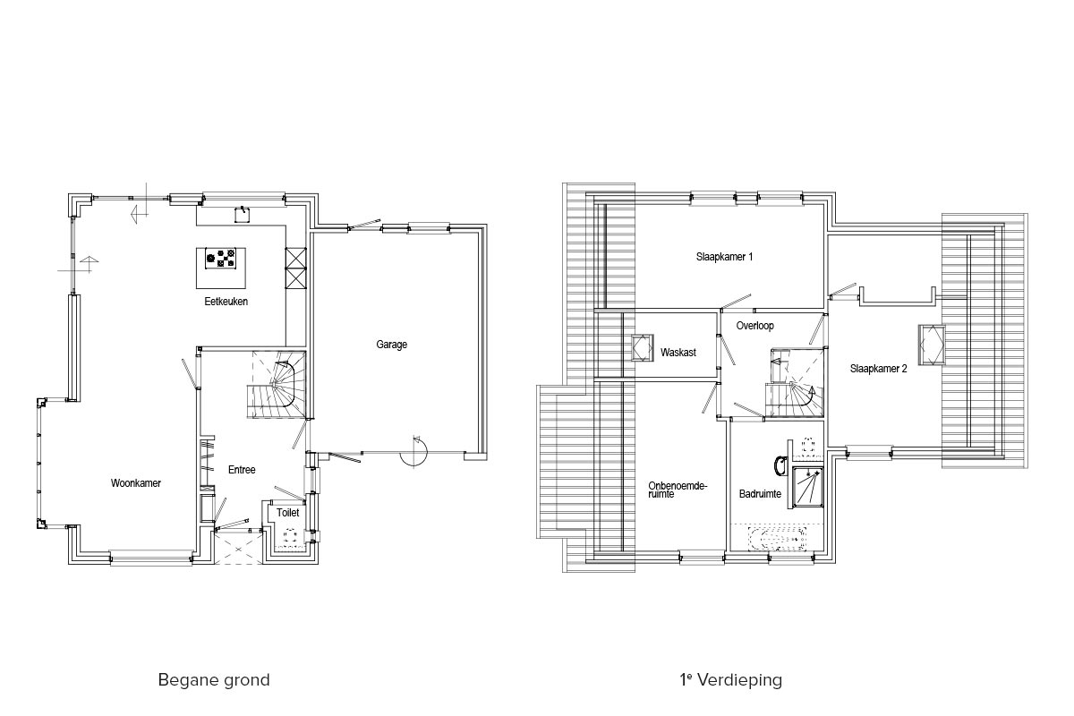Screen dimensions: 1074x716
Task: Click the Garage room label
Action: click(x=391, y=345)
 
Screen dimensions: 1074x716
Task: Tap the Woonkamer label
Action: click(x=136, y=483)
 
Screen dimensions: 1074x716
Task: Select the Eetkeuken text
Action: click(x=226, y=302)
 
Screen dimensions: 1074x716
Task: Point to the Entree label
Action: click(x=242, y=470)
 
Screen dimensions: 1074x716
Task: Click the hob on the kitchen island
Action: click(x=220, y=259)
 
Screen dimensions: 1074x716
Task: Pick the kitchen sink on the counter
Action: click(x=243, y=215)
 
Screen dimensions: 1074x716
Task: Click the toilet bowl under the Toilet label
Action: click(x=289, y=535)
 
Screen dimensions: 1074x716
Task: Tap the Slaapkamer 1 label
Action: click(x=724, y=257)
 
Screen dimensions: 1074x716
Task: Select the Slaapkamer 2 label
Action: click(x=878, y=369)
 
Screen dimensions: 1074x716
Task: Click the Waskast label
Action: click(x=678, y=353)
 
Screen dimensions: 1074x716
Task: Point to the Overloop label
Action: click(x=754, y=326)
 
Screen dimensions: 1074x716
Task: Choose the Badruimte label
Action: click(x=760, y=493)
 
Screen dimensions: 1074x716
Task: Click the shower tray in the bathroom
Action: click(x=808, y=487)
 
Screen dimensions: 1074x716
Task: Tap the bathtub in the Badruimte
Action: click(x=777, y=539)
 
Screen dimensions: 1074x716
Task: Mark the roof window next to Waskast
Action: click(x=642, y=347)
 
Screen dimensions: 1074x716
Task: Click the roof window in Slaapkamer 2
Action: click(x=932, y=345)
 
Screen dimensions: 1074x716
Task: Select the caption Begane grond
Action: click(x=214, y=680)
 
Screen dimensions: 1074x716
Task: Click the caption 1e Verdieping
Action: click(x=730, y=679)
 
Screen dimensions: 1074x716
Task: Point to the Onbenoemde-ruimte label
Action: click(x=678, y=490)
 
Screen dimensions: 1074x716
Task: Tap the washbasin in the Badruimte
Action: click(x=781, y=465)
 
